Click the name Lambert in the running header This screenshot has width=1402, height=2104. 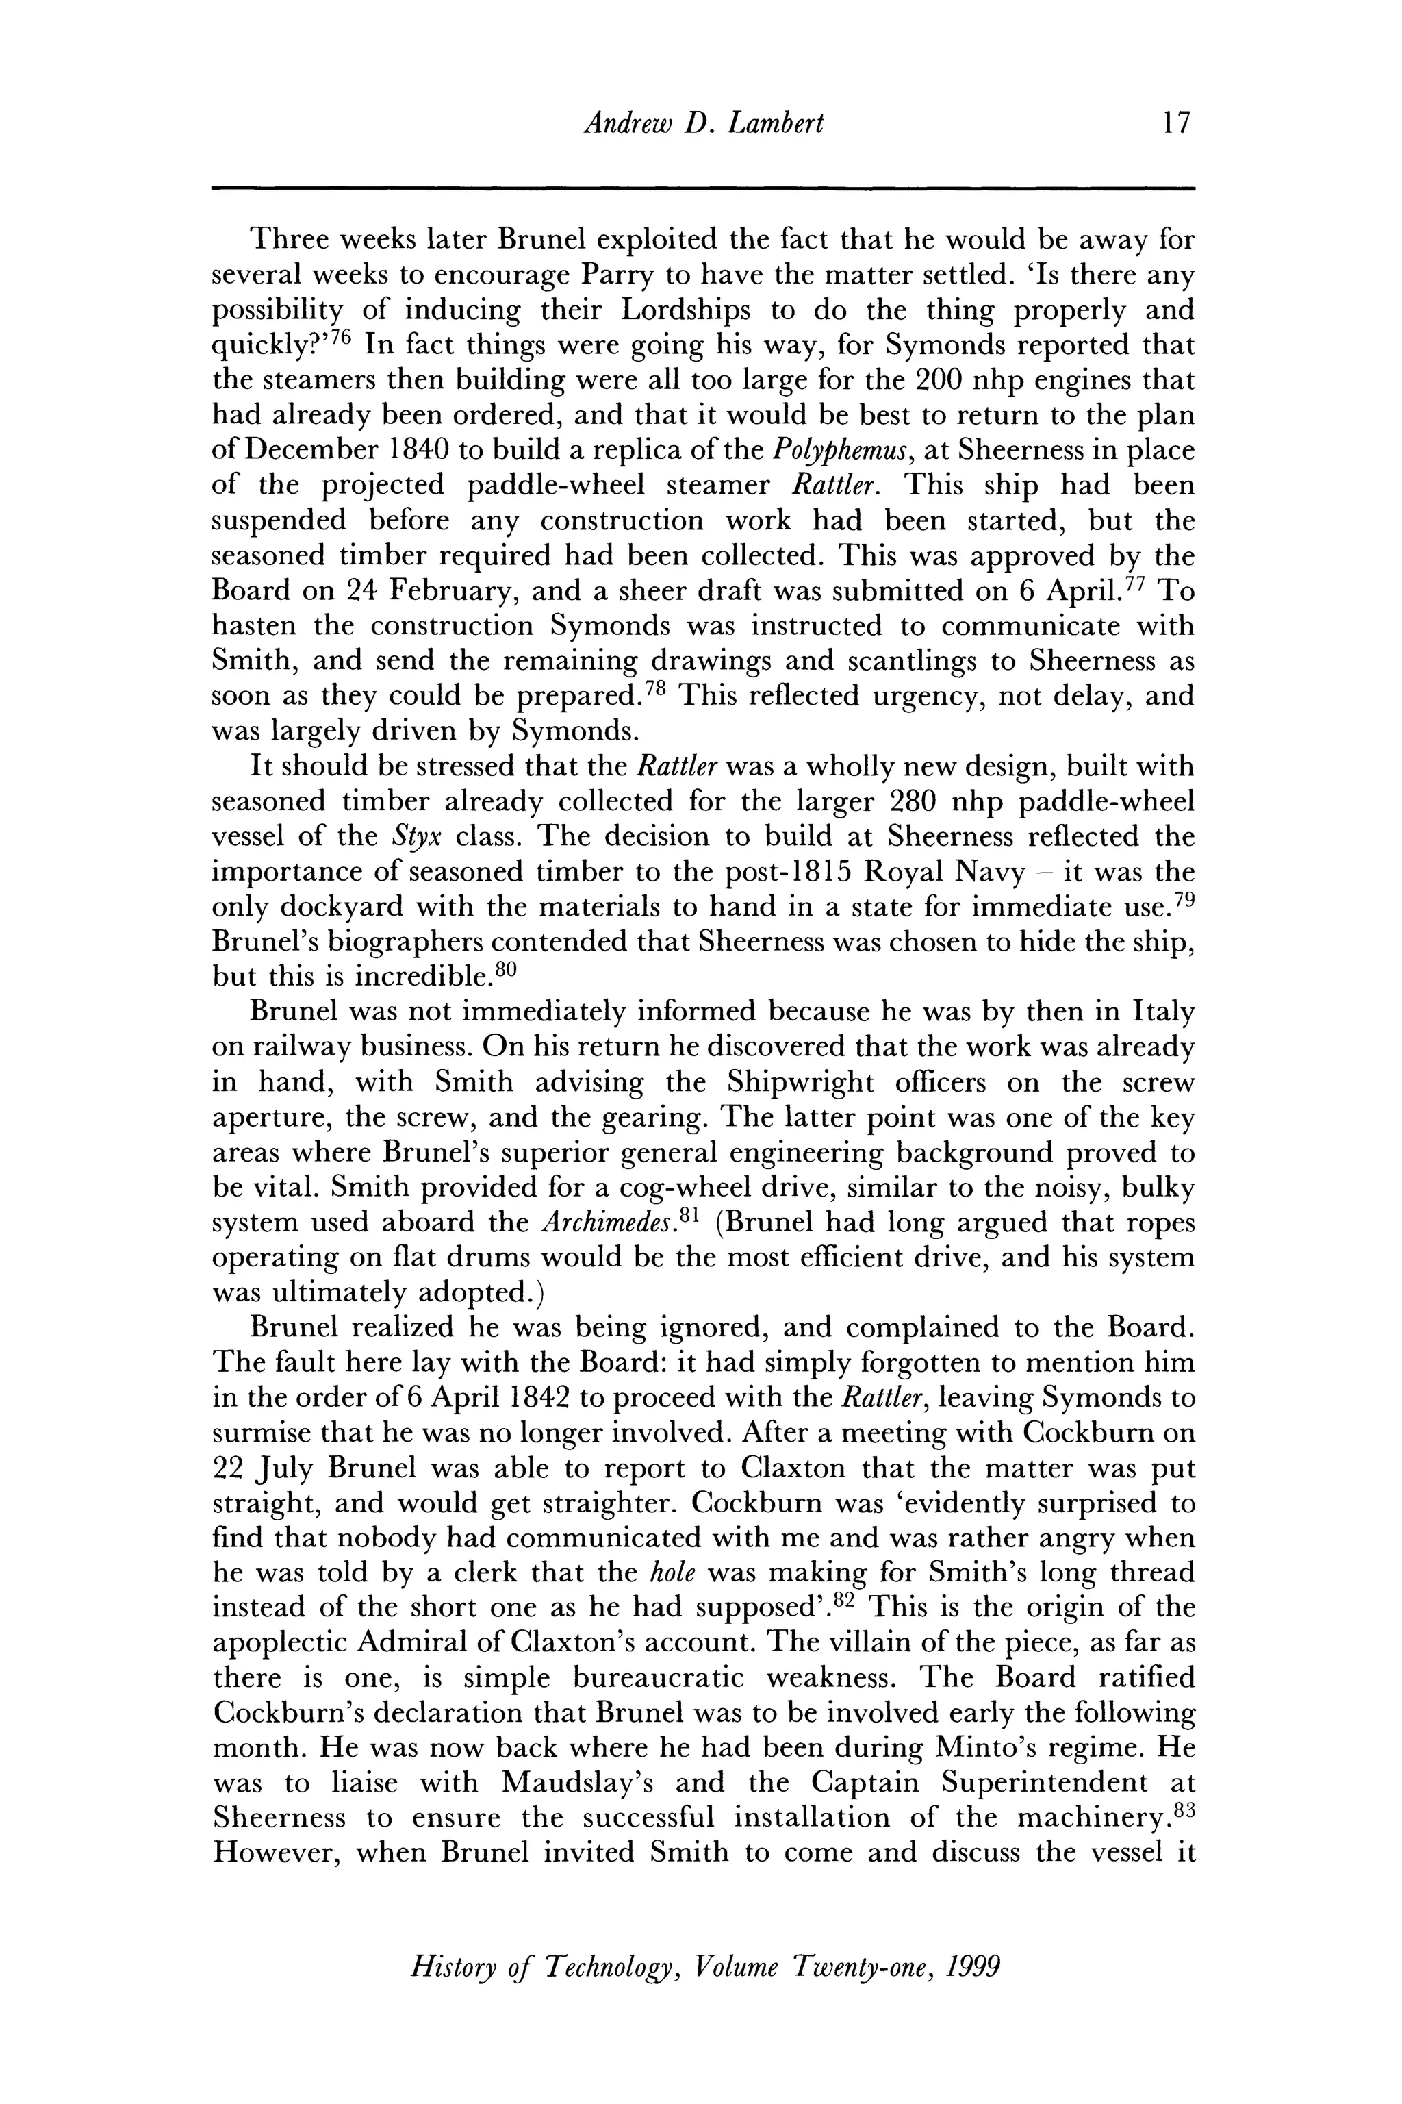[775, 123]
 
